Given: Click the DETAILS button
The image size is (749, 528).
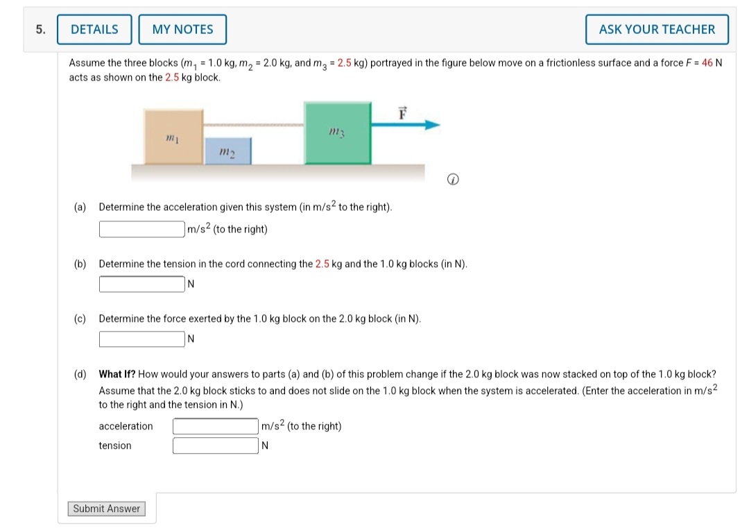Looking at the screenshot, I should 94,29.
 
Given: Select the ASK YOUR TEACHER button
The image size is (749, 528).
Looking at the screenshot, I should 657,29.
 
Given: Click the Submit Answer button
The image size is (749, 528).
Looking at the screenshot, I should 107,509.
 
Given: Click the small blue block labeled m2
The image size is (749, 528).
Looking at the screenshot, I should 227,151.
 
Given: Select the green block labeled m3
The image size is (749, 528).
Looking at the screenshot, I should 337,133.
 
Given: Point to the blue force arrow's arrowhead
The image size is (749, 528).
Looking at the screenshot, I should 433,125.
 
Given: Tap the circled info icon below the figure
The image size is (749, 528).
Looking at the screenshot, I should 451,180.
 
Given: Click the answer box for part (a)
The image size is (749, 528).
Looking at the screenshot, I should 142,229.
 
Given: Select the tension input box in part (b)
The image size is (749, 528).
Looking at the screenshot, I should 142,284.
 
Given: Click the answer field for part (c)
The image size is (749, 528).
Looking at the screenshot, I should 142,339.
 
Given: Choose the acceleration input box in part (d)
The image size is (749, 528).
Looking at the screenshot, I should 216,426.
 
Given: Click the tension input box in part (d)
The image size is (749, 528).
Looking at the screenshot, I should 216,445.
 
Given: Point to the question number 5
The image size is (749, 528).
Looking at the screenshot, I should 41,29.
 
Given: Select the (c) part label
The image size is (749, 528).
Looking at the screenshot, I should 80,319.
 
